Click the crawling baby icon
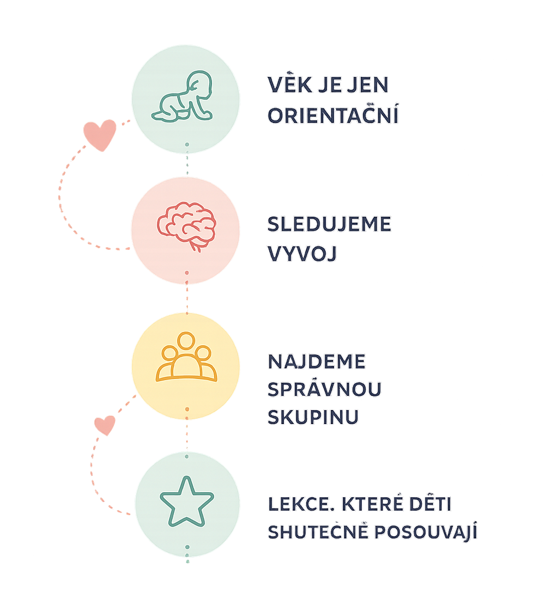[x=182, y=97]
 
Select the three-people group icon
[x=186, y=357]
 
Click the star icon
[x=186, y=501]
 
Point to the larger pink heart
[x=100, y=134]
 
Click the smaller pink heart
[x=105, y=425]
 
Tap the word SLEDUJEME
[x=329, y=224]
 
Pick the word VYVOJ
[x=302, y=253]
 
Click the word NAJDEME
[x=317, y=362]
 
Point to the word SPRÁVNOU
[x=324, y=388]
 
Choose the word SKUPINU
[x=313, y=417]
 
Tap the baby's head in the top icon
[x=199, y=85]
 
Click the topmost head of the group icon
[x=186, y=340]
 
